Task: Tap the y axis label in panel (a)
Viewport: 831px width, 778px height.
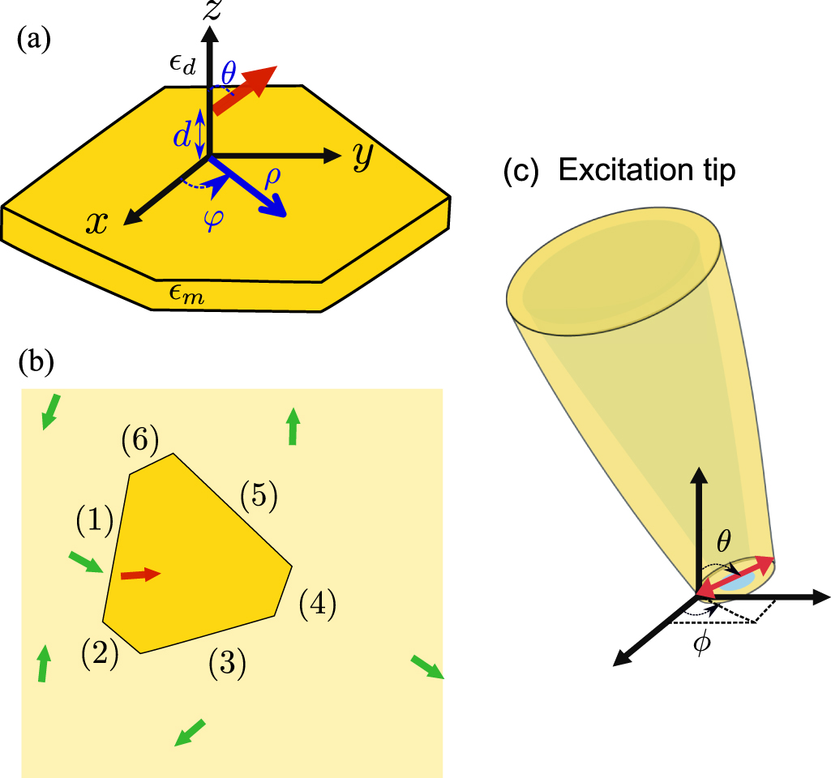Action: (x=362, y=158)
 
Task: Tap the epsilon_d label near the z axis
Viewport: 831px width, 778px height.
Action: (x=182, y=66)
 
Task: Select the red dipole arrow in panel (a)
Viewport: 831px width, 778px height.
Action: (x=243, y=90)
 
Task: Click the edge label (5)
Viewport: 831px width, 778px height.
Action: (x=259, y=496)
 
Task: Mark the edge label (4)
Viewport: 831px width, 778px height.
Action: (x=316, y=605)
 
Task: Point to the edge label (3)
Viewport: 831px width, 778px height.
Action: (x=226, y=665)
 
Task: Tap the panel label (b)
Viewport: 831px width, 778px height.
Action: (x=36, y=364)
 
